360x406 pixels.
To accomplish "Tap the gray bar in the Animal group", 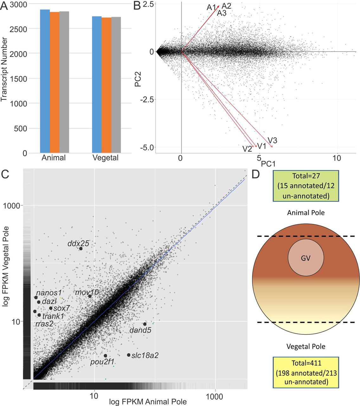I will pyautogui.click(x=64, y=82).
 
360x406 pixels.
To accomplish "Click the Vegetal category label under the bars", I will pyautogui.click(x=106, y=158).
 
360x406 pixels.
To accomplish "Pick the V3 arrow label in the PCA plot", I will pyautogui.click(x=273, y=140).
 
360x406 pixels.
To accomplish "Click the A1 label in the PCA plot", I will pyautogui.click(x=211, y=7).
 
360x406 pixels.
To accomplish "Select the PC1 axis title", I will pyautogui.click(x=268, y=164).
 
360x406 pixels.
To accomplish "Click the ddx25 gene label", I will pyautogui.click(x=78, y=244).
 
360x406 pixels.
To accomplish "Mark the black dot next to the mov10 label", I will pyautogui.click(x=90, y=296).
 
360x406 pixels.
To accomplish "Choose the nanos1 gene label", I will pyautogui.click(x=49, y=292).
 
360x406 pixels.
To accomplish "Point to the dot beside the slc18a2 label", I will pyautogui.click(x=129, y=355).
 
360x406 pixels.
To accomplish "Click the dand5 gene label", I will pyautogui.click(x=140, y=330).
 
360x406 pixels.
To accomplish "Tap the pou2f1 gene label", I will pyautogui.click(x=102, y=362).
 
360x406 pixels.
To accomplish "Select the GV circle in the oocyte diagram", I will pyautogui.click(x=306, y=258).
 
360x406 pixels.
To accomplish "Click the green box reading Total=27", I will pyautogui.click(x=306, y=186).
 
